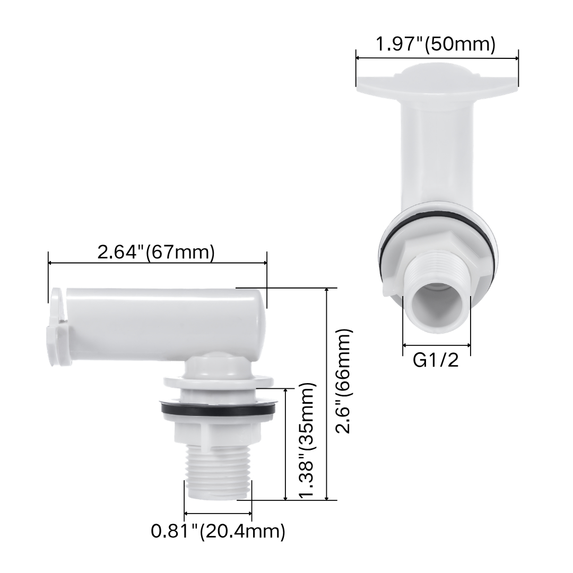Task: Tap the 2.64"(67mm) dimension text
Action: pos(156,252)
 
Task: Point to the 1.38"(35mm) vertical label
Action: pos(306,440)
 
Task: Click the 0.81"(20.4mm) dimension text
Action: pos(218,531)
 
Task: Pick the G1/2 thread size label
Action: pos(436,361)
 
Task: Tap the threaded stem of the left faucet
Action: pos(219,472)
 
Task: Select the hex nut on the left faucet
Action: pos(218,432)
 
